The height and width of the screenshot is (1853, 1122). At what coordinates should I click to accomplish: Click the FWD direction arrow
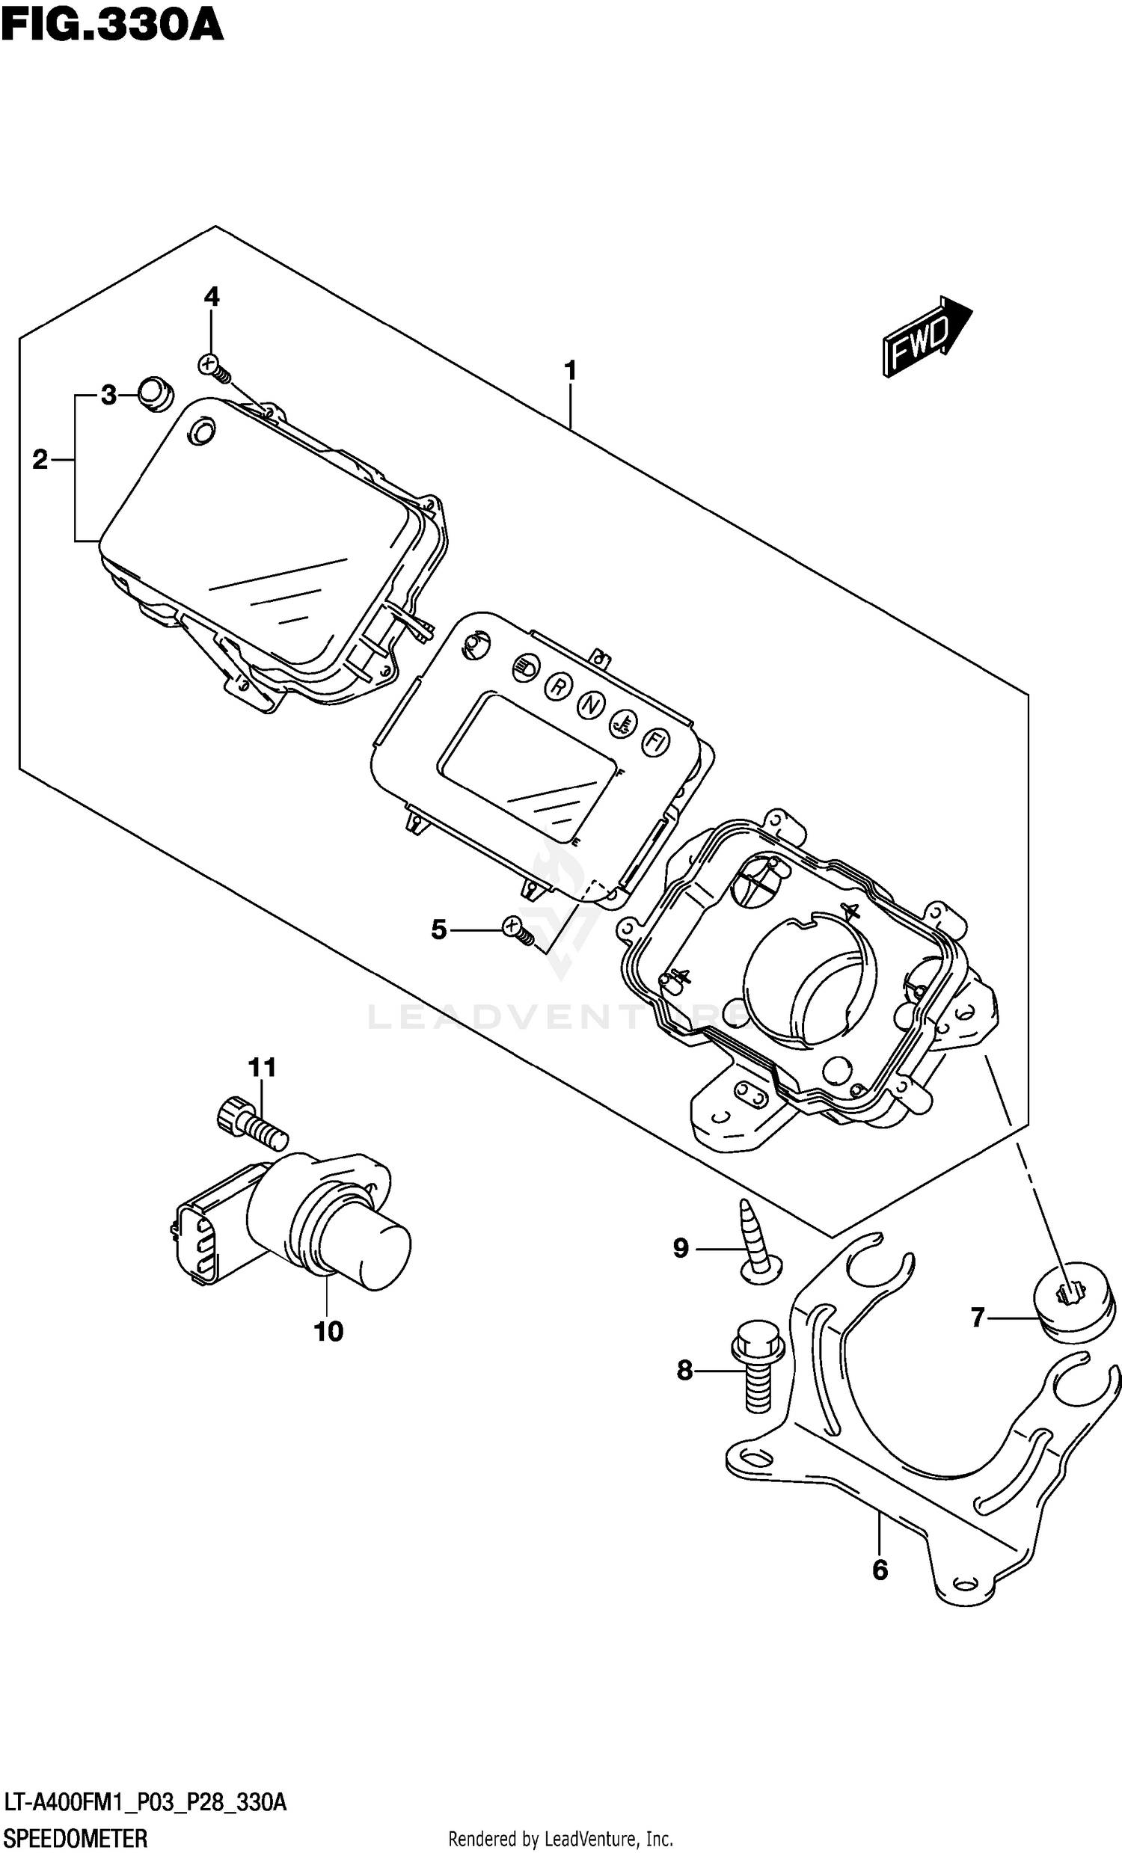[927, 336]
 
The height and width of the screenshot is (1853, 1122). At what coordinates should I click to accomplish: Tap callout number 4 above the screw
[212, 297]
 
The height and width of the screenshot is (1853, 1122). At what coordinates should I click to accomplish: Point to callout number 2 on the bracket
[40, 459]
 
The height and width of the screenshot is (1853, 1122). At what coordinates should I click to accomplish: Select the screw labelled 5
[518, 930]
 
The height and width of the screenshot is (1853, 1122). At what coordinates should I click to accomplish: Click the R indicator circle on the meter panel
[558, 686]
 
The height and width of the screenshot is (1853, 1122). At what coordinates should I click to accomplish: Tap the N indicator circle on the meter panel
[592, 705]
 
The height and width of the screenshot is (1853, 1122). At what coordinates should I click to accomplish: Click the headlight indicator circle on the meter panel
[524, 667]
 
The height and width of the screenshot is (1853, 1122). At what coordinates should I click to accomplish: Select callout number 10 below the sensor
[328, 1332]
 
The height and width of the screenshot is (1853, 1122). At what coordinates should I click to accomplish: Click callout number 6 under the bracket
[880, 1570]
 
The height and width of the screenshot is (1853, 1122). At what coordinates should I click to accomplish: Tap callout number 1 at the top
[570, 371]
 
